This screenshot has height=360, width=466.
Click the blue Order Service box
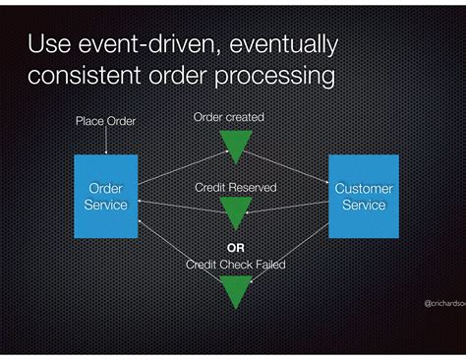107,196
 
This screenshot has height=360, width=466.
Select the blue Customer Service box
363,196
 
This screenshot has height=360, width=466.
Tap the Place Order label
105,121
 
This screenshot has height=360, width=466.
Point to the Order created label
228,117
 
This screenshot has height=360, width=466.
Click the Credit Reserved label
236,187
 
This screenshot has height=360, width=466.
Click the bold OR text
236,248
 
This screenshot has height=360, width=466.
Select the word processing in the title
281,76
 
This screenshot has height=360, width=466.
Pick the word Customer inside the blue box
363,188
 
